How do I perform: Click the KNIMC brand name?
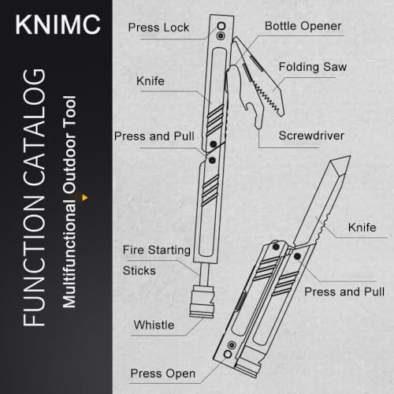(58, 24)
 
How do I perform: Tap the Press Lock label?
(158, 28)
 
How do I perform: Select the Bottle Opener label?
(303, 26)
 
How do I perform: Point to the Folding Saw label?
(313, 67)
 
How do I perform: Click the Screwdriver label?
(311, 136)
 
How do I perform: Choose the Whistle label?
(154, 325)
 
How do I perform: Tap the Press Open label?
(163, 374)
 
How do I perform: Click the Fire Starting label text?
(157, 250)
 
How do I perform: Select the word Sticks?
(139, 270)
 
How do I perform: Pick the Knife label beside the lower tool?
(362, 228)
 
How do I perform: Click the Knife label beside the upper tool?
(151, 81)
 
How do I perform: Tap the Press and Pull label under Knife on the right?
(344, 292)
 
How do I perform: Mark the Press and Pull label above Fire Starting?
(154, 136)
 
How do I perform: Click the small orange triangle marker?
(84, 198)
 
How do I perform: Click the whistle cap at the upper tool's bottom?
(202, 302)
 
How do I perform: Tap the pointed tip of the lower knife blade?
(350, 156)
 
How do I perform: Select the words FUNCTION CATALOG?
(34, 198)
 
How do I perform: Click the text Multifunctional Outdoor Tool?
(69, 202)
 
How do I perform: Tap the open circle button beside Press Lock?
(221, 26)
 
